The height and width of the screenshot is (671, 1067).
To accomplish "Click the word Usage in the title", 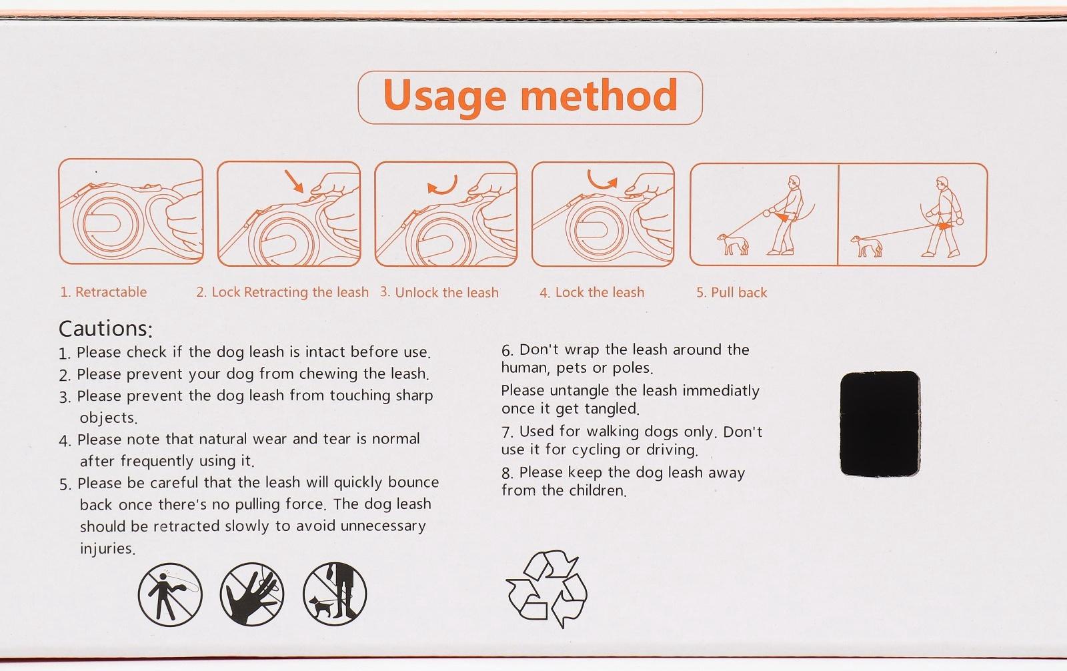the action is [x=444, y=97].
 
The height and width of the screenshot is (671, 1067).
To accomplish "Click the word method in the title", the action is [x=600, y=95].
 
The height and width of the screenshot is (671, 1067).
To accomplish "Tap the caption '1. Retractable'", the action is [x=103, y=291].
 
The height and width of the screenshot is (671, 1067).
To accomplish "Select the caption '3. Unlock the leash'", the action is [x=439, y=292].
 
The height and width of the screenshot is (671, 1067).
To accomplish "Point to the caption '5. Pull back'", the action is [x=732, y=292].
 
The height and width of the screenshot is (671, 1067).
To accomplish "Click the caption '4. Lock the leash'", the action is [x=592, y=292].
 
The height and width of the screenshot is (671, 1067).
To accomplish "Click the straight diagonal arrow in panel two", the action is [x=294, y=181].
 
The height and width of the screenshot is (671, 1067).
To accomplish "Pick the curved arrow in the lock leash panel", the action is [x=602, y=180].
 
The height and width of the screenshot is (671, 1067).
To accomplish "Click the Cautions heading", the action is [x=105, y=329].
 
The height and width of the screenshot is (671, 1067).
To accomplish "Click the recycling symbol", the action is [x=547, y=589].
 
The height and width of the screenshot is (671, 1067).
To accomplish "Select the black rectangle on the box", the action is [x=880, y=424].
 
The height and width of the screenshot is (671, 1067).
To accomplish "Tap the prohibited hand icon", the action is [x=252, y=594].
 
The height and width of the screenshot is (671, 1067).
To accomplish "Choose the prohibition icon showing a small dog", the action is [x=335, y=594].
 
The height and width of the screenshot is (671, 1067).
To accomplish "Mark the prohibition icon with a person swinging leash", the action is [x=170, y=594].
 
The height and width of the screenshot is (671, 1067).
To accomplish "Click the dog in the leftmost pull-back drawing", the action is [x=733, y=244].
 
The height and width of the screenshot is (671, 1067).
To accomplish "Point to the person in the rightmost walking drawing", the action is [x=942, y=217].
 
